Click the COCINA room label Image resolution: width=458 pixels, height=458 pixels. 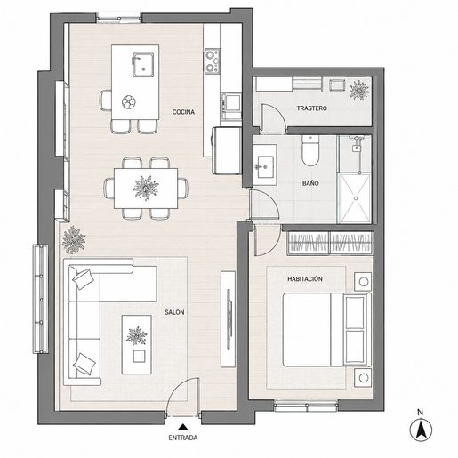tap(183, 112)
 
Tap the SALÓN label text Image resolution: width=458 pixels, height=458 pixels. tap(174, 312)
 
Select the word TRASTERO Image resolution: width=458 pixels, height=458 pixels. tap(312, 108)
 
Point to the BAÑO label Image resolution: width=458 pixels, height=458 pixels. tap(310, 183)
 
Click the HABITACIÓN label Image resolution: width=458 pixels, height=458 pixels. tap(305, 279)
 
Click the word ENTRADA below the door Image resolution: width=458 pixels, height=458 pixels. tap(183, 438)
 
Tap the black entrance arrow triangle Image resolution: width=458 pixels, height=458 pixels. tap(183, 427)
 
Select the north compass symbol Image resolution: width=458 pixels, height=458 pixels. tap(421, 430)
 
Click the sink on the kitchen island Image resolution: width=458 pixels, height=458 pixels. tap(143, 65)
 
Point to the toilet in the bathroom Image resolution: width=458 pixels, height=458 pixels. tap(310, 150)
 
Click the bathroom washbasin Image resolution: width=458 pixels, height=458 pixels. tap(265, 167)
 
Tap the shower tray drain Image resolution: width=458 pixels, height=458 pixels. tap(356, 198)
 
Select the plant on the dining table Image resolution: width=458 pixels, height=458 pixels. tap(146, 188)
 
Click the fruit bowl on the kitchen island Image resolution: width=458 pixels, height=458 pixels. tap(129, 101)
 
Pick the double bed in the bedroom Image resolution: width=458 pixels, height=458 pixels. tap(327, 330)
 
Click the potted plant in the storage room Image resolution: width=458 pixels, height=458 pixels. tap(359, 91)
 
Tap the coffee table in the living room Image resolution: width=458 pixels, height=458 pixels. tap(137, 344)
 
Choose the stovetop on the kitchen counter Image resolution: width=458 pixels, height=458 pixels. tap(213, 60)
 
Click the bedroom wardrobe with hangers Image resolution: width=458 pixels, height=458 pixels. tap(330, 244)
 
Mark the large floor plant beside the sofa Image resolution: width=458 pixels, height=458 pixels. tap(74, 239)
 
